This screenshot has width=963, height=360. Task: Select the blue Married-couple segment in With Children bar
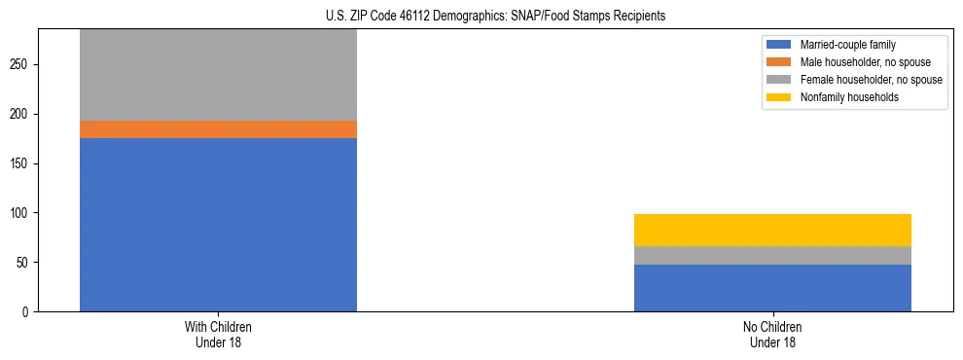point(218,225)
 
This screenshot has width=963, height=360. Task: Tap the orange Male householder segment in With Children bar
point(218,129)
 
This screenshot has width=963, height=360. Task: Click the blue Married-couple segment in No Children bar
point(772,288)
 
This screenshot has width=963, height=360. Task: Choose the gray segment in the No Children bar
point(772,255)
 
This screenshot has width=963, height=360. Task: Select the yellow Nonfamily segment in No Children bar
point(772,230)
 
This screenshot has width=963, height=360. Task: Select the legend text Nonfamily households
point(843,97)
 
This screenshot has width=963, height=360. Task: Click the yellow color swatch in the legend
point(779,97)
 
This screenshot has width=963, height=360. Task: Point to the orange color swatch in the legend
point(779,62)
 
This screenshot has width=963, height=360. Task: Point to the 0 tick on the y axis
point(27,312)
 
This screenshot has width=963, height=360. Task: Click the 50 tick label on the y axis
point(24,263)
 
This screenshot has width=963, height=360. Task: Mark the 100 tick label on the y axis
point(21,213)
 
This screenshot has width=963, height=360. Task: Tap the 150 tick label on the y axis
point(21,163)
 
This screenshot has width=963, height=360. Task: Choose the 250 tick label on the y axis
point(21,64)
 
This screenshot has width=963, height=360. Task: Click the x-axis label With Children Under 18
point(218,335)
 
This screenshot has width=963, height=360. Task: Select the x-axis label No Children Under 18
point(772,335)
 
